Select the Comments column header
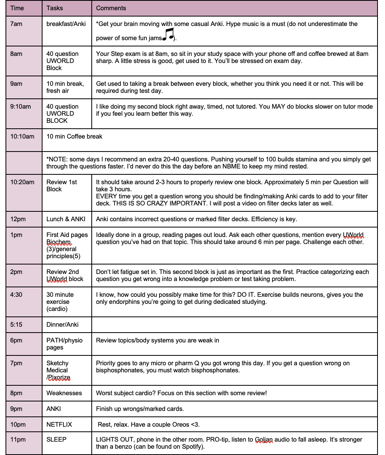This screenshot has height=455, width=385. click(111, 8)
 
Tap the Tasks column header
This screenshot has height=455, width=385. click(54, 8)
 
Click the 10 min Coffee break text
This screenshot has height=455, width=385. click(74, 137)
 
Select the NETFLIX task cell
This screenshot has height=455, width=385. click(59, 425)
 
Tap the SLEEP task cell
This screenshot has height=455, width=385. click(56, 439)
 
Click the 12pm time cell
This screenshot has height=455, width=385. click(17, 219)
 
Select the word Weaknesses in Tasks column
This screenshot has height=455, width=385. click(64, 393)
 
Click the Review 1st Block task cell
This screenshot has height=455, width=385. click(62, 185)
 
